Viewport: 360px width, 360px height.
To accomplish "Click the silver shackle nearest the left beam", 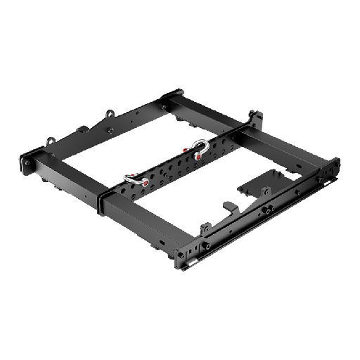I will point(130,179).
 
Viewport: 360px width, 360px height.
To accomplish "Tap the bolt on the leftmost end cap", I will point(30,162).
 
